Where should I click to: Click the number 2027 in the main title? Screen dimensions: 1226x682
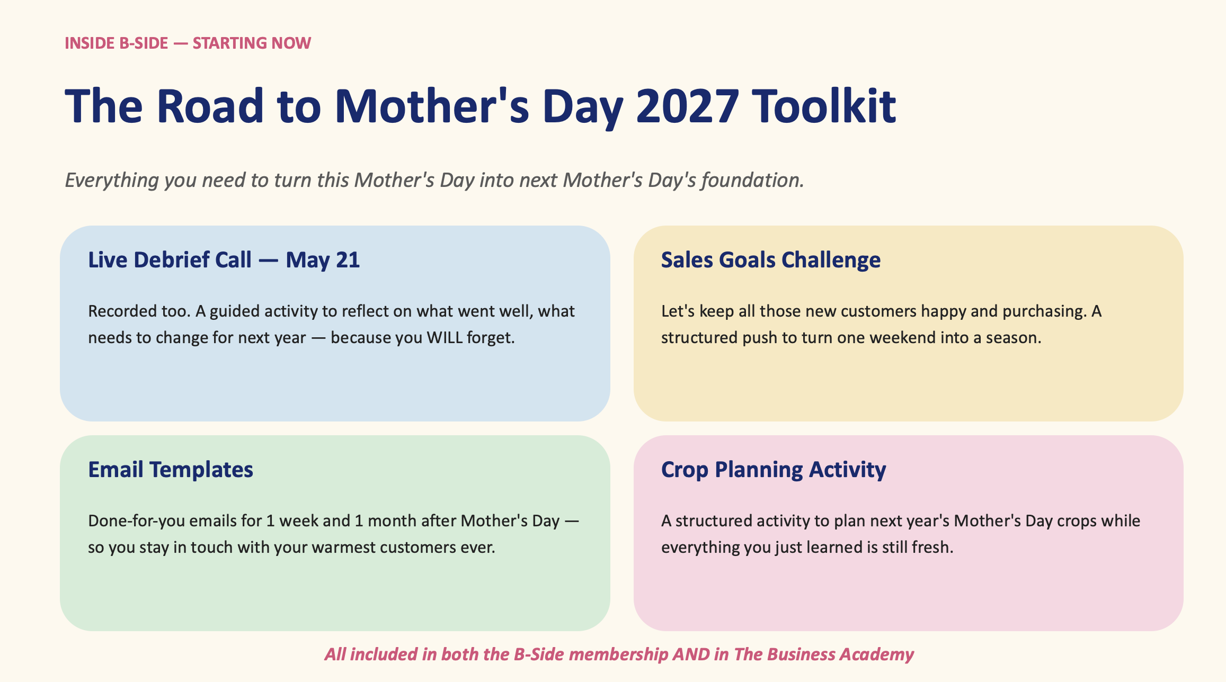point(687,106)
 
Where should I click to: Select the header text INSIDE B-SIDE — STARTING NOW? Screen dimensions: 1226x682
point(188,43)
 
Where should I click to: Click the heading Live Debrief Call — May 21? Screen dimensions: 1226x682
point(224,260)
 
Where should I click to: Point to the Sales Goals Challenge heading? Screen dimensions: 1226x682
point(771,260)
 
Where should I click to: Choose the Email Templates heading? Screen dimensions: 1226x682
point(171,470)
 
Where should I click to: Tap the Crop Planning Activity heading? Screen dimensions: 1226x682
point(774,470)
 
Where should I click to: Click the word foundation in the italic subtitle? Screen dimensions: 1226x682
point(752,180)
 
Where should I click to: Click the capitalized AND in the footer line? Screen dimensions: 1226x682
point(691,654)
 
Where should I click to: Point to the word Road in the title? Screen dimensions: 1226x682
point(210,106)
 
